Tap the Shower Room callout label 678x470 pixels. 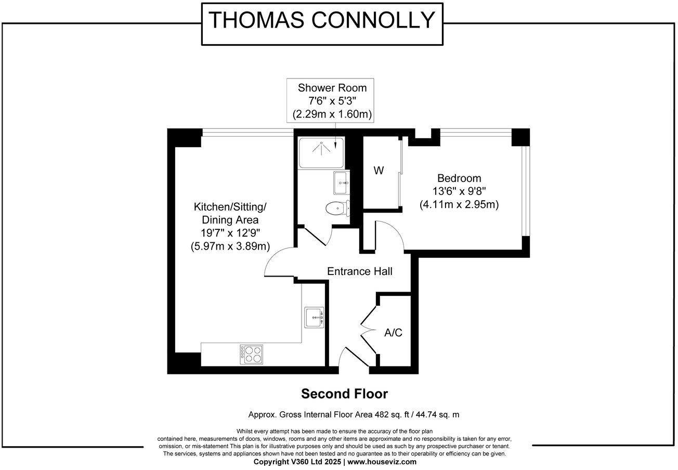[332, 88]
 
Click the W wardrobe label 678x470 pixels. [379, 171]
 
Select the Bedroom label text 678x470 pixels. [459, 178]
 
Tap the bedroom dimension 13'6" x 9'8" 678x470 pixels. [459, 191]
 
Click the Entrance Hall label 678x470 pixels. [359, 271]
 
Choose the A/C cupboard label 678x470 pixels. [393, 333]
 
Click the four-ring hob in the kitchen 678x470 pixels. [251, 354]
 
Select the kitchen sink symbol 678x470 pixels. [315, 317]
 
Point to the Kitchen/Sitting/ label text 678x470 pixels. [230, 206]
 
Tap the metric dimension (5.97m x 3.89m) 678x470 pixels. [230, 246]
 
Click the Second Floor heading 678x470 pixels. [344, 394]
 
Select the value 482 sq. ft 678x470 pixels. [382, 415]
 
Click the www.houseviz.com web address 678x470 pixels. [382, 462]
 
